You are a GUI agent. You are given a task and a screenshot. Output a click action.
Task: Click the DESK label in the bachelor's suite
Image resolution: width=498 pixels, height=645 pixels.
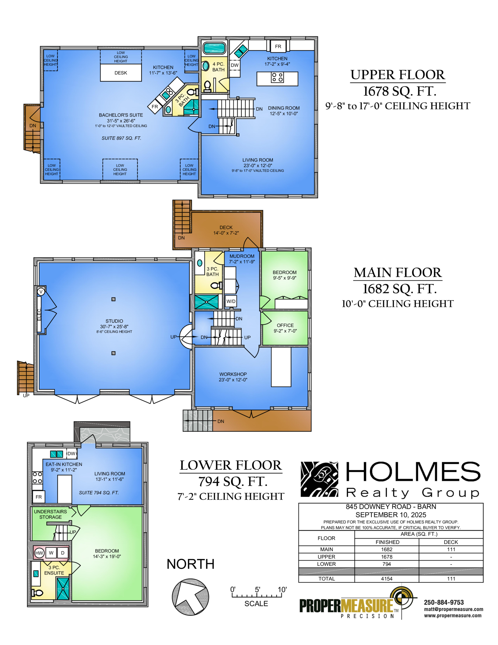pos(121,73)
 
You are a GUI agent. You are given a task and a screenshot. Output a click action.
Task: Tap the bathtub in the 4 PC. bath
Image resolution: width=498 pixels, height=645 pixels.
pos(214,48)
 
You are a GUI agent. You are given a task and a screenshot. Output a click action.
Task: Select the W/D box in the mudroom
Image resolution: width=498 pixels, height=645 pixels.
pos(231,301)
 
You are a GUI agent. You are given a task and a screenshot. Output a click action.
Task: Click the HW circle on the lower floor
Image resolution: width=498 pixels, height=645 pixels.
pos(39,553)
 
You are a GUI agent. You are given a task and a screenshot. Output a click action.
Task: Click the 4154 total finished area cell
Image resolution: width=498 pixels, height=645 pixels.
pos(387,579)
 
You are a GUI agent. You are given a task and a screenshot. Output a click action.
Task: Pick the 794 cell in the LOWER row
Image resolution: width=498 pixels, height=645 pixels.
pos(387,564)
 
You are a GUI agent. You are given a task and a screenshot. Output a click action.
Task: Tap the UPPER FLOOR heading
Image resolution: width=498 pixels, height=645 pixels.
pos(398,75)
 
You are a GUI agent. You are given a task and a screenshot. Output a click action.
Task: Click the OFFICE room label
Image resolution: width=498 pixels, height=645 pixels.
pos(285,325)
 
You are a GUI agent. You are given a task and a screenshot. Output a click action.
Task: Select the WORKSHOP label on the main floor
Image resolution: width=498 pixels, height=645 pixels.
pos(233,374)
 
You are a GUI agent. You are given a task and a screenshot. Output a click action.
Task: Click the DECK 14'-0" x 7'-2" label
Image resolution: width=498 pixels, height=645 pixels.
pos(226,230)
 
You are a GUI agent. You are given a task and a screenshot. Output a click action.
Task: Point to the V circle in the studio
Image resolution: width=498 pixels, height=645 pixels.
pos(41,292)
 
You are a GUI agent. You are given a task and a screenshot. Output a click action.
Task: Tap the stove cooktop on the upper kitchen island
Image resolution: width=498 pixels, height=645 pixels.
pos(277,77)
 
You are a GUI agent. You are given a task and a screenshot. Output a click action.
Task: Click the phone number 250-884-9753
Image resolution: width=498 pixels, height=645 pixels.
pos(444,602)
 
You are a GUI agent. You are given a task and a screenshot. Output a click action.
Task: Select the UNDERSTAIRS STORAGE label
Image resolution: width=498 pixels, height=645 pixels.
pos(50,514)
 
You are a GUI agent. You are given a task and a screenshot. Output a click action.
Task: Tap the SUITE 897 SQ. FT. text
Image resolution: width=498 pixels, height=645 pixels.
pos(121,138)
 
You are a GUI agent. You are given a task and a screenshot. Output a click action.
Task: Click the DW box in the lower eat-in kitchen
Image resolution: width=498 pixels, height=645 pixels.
pos(72,453)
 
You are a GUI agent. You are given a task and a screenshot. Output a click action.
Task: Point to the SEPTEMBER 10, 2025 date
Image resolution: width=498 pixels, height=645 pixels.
pos(391,515)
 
